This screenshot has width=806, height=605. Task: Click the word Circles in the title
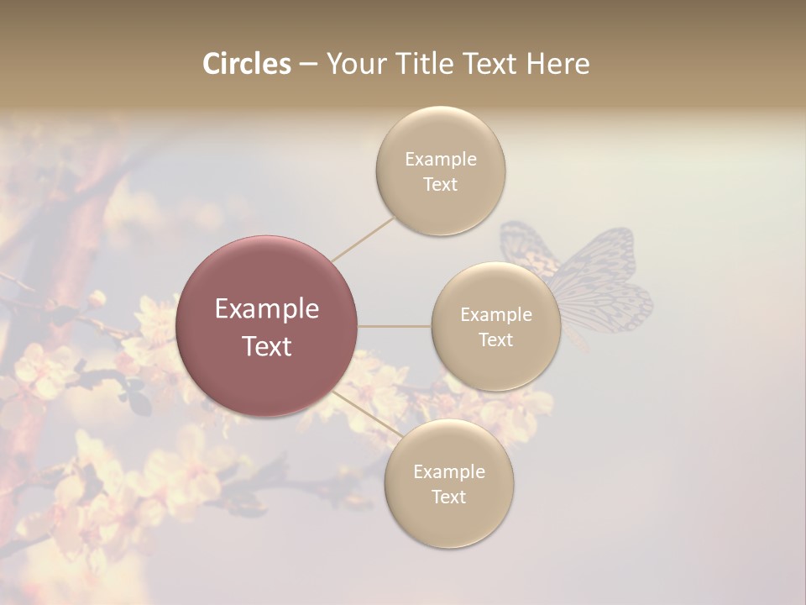[246, 64]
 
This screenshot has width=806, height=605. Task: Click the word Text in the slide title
[486, 64]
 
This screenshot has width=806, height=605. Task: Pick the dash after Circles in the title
[308, 65]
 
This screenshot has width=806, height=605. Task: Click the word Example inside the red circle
[267, 309]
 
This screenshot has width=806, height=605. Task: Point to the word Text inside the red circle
[267, 346]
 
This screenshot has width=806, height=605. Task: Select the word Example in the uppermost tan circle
[441, 159]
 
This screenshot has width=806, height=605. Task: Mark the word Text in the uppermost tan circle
[441, 184]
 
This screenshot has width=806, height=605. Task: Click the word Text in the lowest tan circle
[449, 497]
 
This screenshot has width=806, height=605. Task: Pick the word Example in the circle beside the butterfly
[496, 314]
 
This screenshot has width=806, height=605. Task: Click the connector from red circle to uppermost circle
[363, 239]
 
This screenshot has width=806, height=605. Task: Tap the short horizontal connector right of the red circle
[395, 326]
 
